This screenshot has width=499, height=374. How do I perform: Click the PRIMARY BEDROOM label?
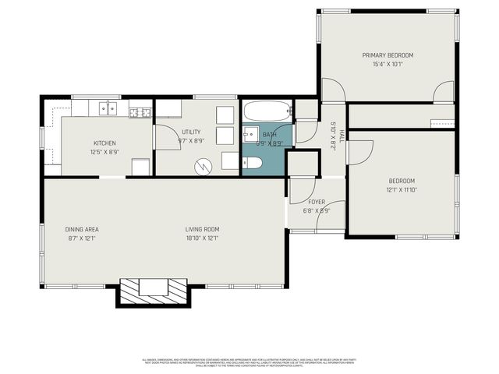click(x=388, y=55)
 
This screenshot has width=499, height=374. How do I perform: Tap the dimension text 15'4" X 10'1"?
click(x=388, y=65)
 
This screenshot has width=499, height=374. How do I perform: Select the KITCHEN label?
click(x=104, y=143)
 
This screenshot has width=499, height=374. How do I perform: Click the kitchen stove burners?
click(x=140, y=112)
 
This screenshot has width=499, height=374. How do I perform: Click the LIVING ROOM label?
click(x=202, y=229)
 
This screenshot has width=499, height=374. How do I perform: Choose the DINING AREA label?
click(x=81, y=229)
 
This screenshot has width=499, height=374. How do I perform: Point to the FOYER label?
click(x=317, y=202)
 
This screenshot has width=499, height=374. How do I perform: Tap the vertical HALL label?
click(x=341, y=136)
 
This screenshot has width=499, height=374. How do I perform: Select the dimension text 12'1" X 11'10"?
click(x=402, y=189)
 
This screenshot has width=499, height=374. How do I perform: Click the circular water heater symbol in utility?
click(x=204, y=165)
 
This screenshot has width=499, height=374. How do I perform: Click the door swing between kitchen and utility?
click(x=165, y=136)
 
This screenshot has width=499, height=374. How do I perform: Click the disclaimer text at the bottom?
click(x=249, y=362)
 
